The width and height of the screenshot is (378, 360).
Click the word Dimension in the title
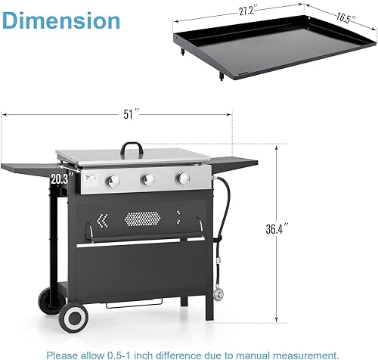click(61, 20)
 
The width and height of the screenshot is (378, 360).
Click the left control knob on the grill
click(113, 181)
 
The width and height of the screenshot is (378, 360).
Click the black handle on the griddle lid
click(134, 144)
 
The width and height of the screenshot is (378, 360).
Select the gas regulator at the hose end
click(219, 293)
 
